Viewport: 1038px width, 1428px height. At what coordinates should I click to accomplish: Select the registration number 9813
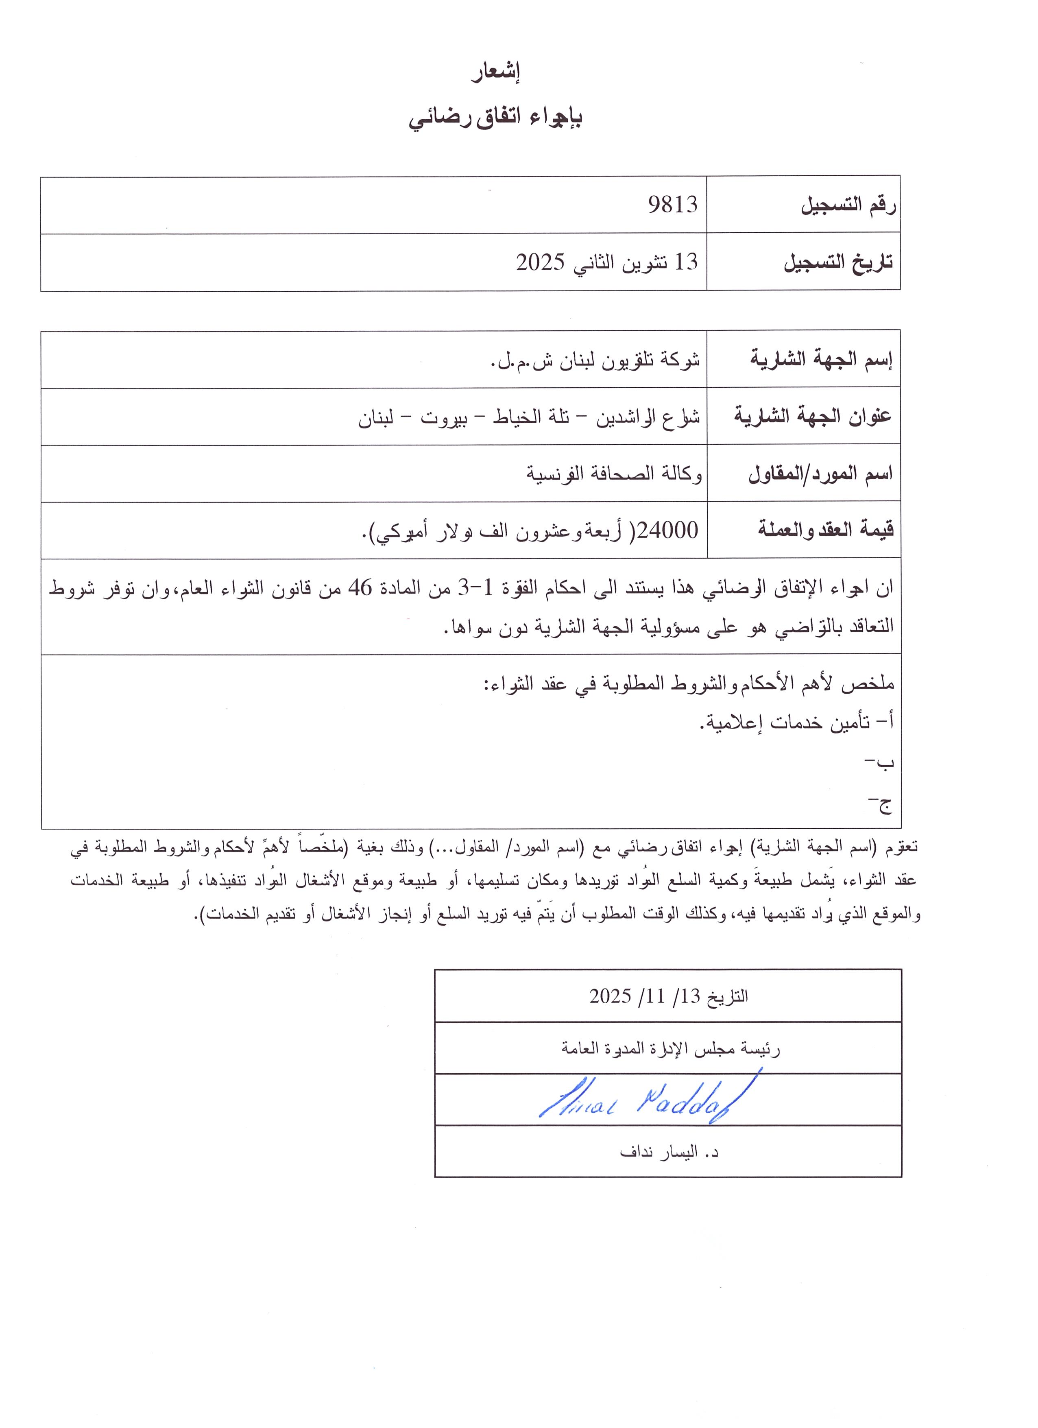click(x=673, y=205)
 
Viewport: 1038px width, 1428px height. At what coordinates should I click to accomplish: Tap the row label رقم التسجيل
click(x=848, y=205)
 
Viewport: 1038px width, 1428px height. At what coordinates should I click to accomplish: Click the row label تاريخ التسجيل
click(x=838, y=262)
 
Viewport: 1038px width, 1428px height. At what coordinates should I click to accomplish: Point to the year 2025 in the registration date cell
click(x=540, y=262)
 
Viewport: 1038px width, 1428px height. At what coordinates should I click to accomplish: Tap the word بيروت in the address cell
click(x=444, y=417)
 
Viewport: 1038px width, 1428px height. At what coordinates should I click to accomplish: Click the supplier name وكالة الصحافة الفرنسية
click(x=614, y=474)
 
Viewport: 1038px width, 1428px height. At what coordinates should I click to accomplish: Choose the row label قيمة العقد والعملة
click(x=825, y=530)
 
